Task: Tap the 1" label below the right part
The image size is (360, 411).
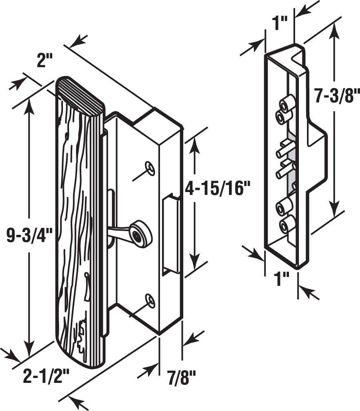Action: (282, 279)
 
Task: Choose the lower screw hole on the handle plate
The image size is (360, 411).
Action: (151, 301)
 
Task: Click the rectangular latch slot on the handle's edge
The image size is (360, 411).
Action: (171, 234)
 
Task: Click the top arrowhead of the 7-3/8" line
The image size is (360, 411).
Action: (335, 29)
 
